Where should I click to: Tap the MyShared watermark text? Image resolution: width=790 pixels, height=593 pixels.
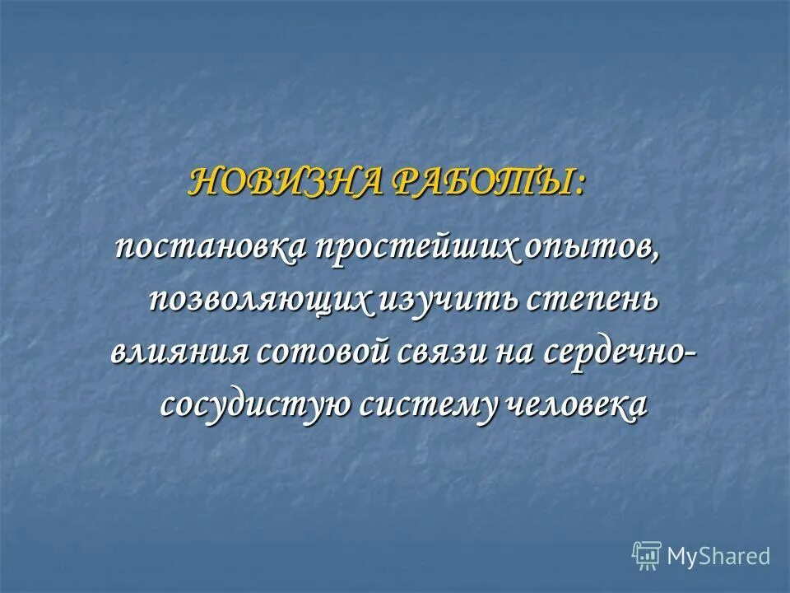(718, 556)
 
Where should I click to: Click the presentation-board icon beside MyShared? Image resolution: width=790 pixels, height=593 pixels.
(647, 557)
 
